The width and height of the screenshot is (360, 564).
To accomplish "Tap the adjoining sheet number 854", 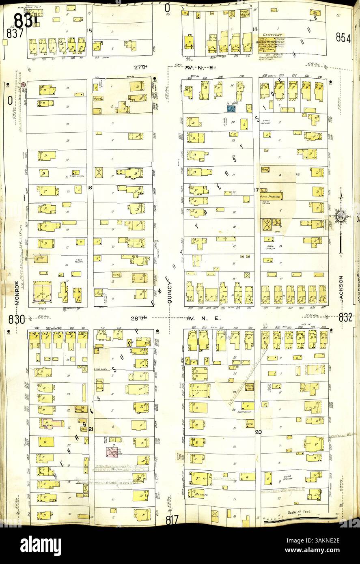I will coord(343,37).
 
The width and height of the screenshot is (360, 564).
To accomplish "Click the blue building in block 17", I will coord(231,108).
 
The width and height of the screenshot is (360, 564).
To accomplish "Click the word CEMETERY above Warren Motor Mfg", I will coord(272,35).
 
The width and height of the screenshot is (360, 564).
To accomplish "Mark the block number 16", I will coord(90,188).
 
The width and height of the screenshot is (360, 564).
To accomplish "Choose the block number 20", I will coord(257,432).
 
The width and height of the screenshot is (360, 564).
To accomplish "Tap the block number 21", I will coord(91,429).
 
